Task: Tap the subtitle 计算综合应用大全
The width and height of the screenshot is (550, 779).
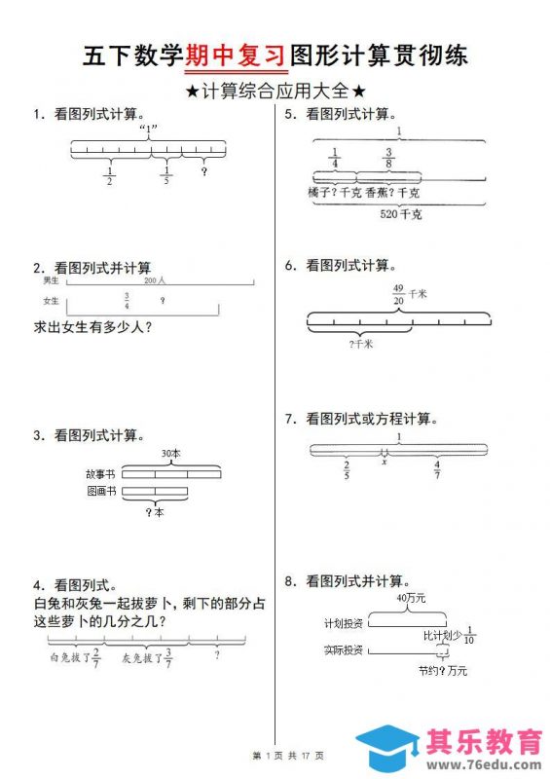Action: [275, 91]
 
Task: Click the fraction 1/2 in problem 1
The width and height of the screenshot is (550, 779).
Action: [109, 175]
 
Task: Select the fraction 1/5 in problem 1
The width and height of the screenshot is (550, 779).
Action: [165, 175]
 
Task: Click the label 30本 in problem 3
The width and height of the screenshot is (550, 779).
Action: [171, 454]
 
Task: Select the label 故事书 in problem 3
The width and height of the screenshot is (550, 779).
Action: [100, 474]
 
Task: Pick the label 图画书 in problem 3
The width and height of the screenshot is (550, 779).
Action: [100, 492]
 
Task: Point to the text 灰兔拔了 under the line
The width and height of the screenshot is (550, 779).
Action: [139, 657]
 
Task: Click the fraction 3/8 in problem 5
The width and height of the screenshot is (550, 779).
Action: [388, 158]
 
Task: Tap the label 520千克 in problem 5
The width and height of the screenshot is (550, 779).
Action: [401, 214]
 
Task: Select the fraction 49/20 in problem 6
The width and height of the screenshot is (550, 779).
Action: [397, 295]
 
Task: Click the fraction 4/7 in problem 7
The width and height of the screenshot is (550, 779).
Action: [437, 469]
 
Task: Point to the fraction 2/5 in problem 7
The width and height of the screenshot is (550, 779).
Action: [348, 469]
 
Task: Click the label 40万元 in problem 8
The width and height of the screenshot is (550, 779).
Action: [411, 598]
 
